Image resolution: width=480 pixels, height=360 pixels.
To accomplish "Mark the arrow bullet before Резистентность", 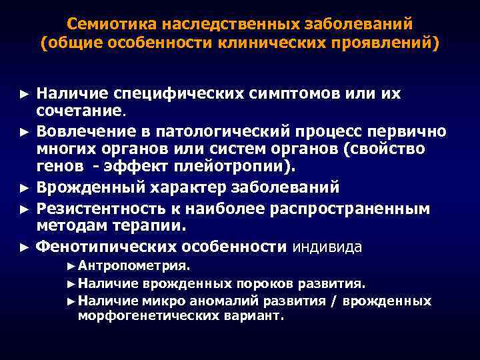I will pos(24,209).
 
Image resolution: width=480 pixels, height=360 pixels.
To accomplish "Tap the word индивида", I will pos(327,247).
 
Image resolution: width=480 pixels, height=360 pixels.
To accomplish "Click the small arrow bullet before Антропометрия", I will pos(71,266).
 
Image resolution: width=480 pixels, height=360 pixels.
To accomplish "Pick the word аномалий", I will pos(227,301).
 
